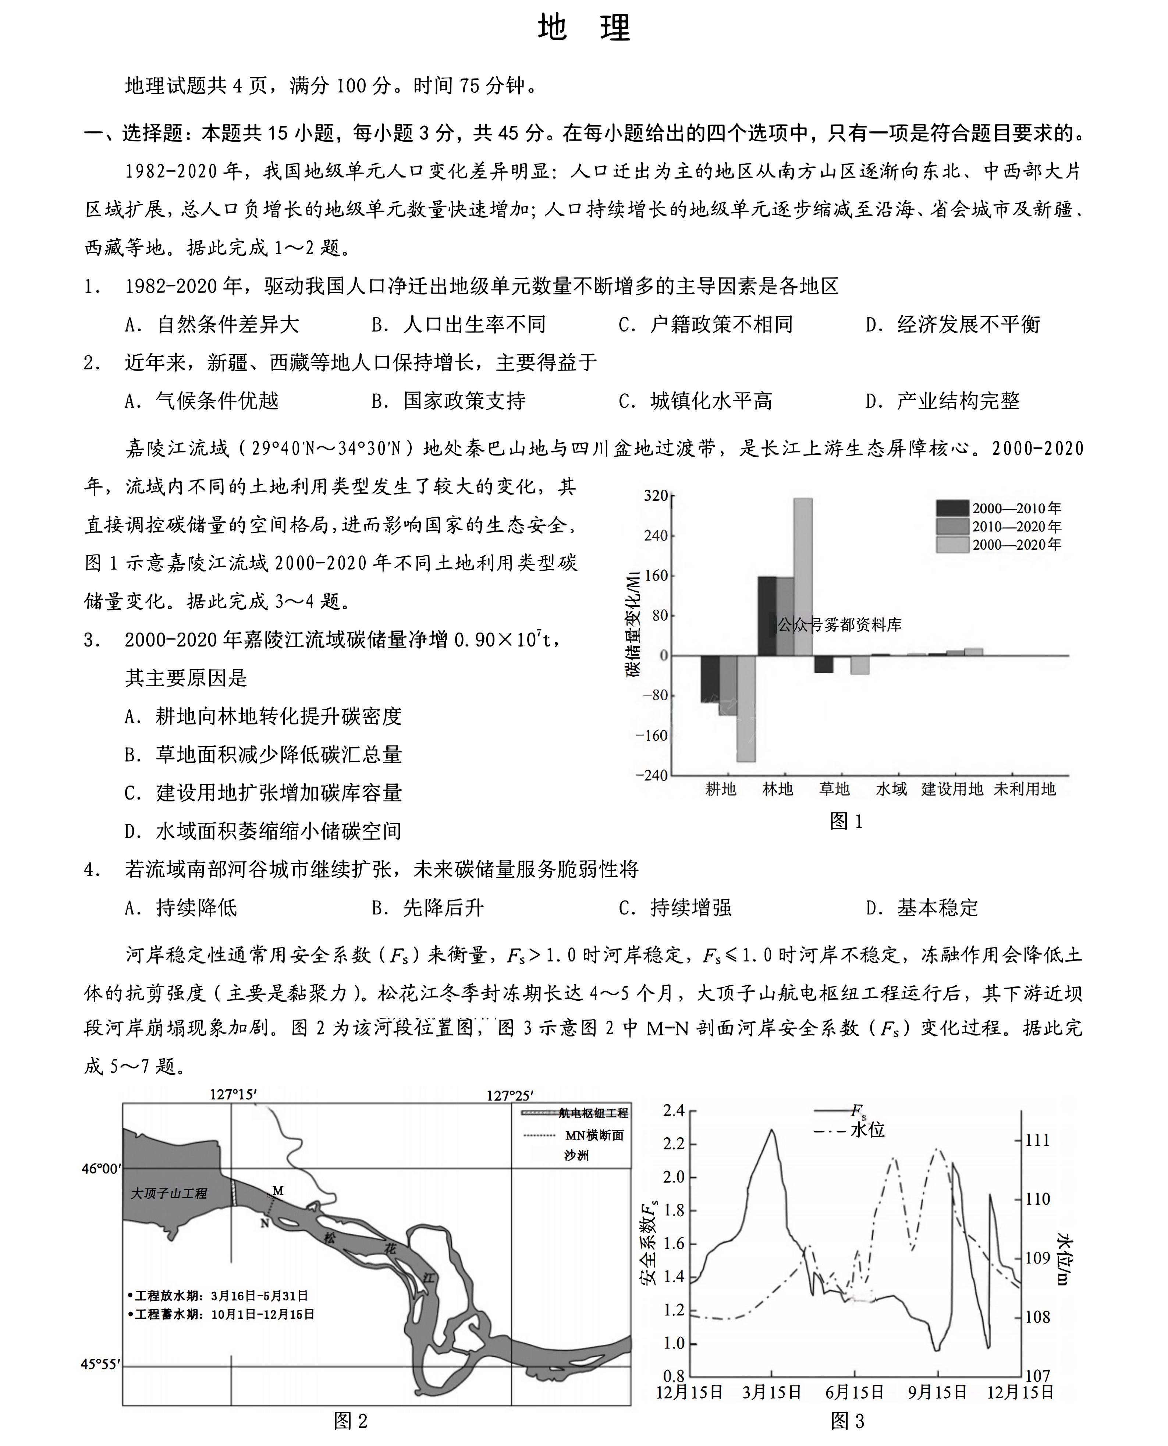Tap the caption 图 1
846,821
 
